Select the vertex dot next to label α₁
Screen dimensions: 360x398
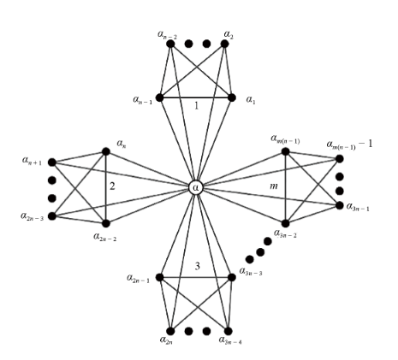pos(232,97)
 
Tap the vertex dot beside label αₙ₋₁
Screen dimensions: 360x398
pos(159,97)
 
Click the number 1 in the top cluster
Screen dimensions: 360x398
pos(195,107)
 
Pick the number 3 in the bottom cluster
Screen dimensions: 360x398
pos(198,266)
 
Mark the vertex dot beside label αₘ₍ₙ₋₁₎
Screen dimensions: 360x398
pos(285,151)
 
